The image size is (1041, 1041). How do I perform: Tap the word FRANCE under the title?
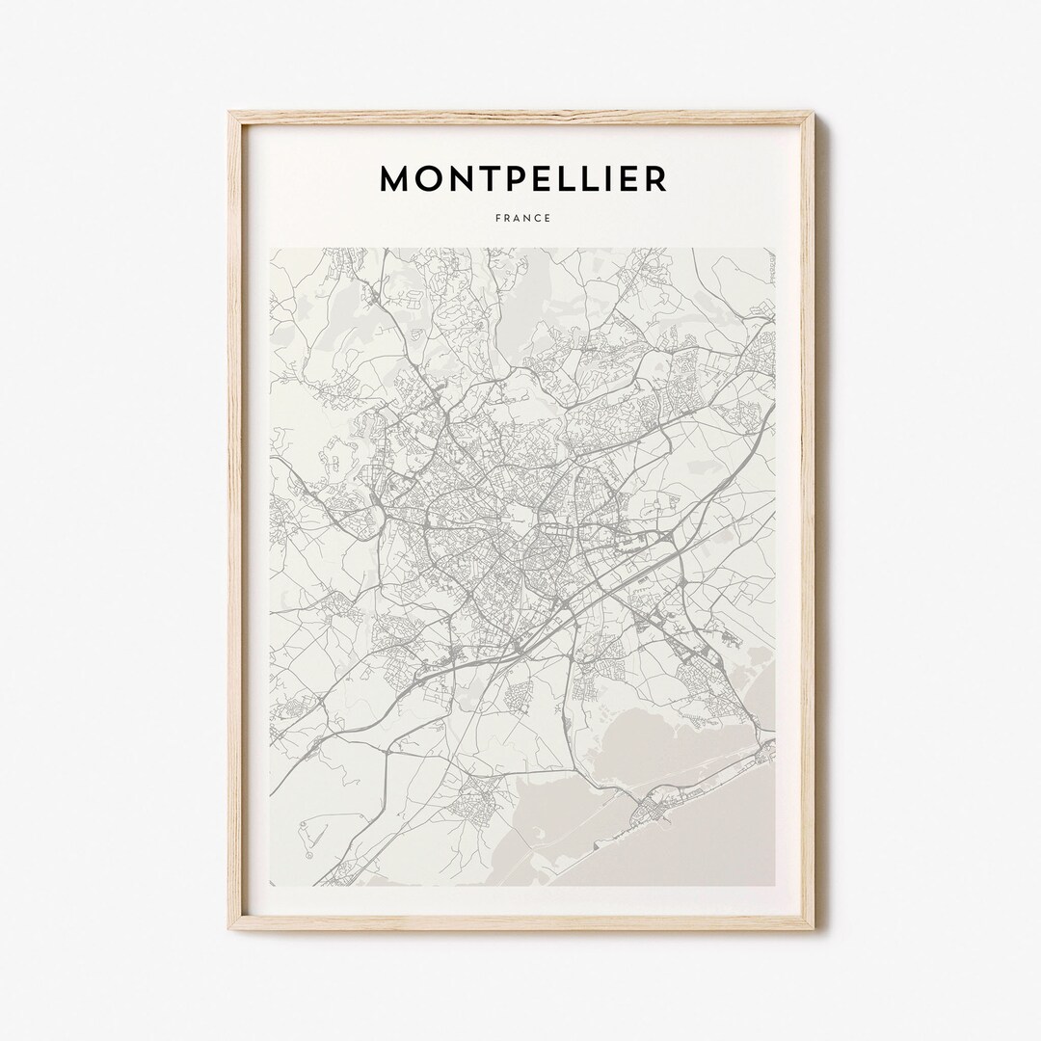click(x=522, y=218)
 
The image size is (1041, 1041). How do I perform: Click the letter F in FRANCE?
click(x=497, y=218)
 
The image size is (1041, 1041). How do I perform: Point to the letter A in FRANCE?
click(x=517, y=218)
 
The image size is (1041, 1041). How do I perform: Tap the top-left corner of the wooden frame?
click(x=231, y=114)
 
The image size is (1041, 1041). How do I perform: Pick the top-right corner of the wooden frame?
click(x=813, y=114)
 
